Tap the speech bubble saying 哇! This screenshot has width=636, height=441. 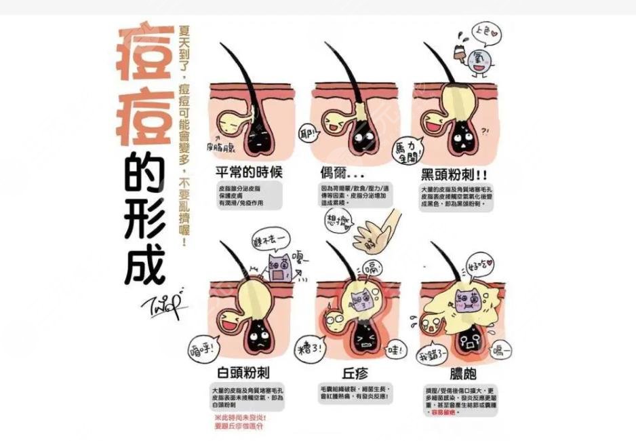pyautogui.click(x=395, y=351)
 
